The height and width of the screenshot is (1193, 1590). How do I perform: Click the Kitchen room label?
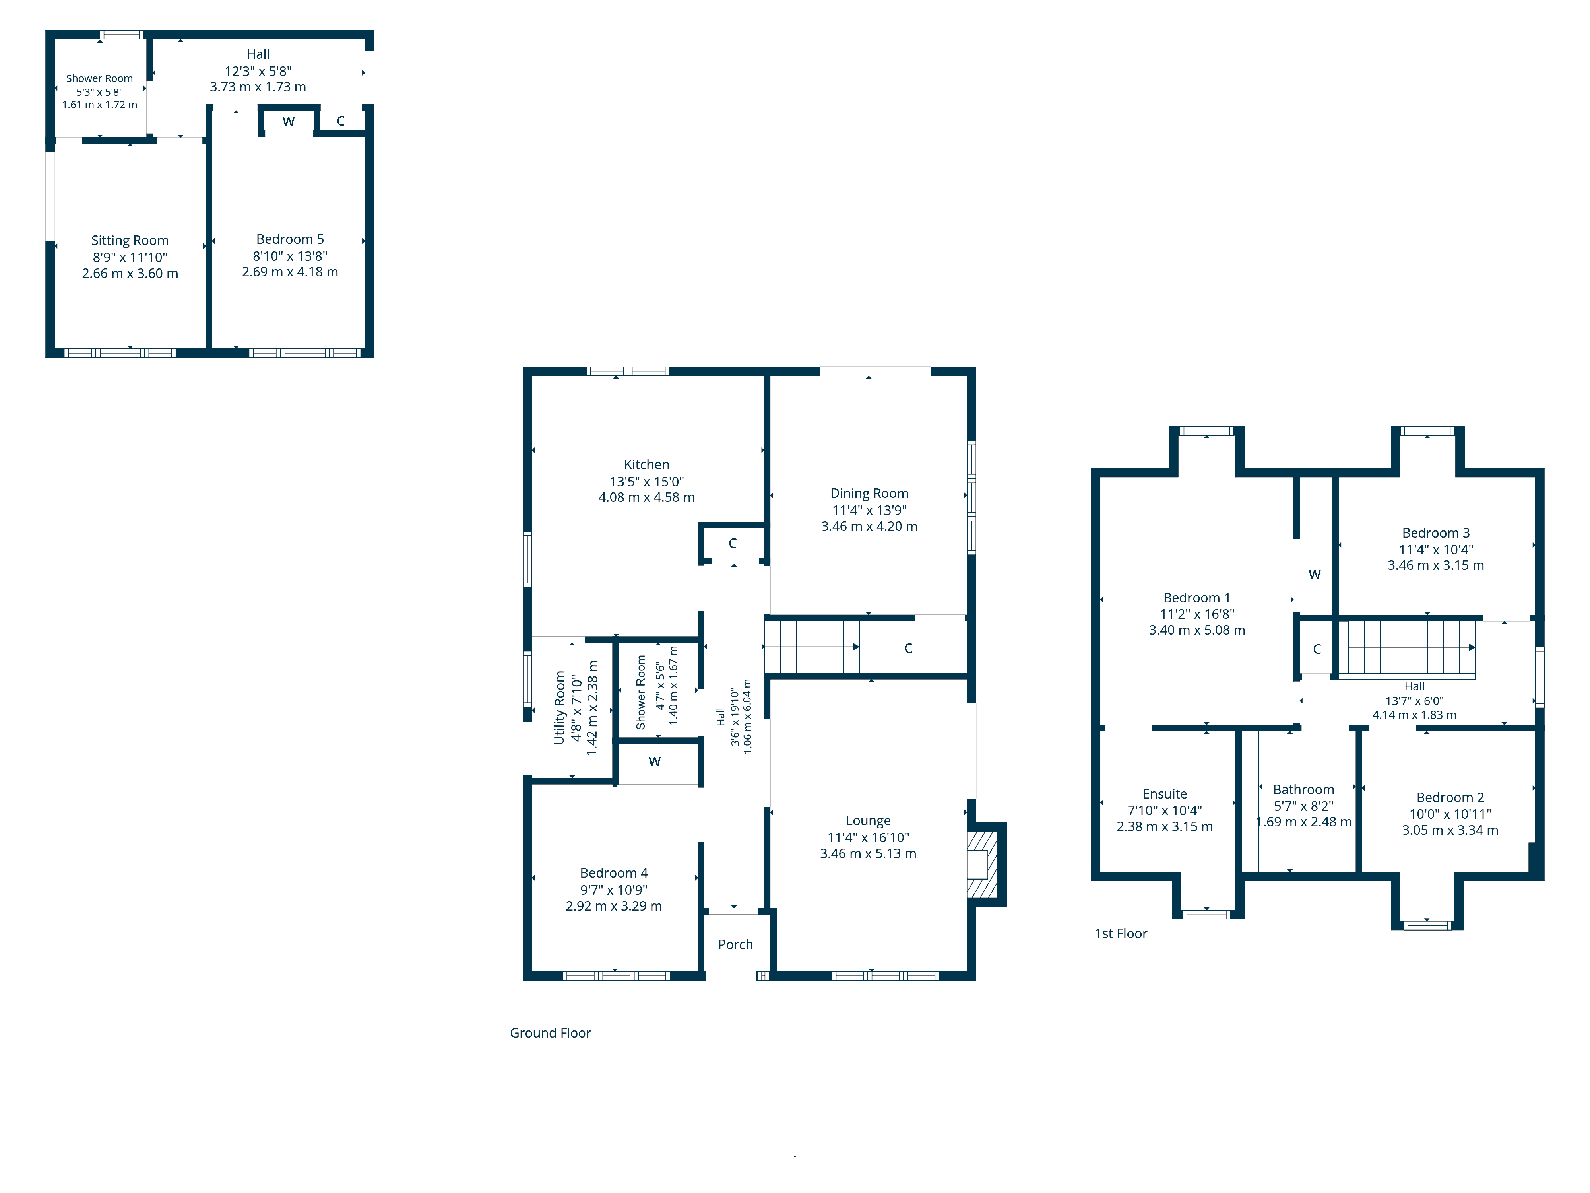click(646, 464)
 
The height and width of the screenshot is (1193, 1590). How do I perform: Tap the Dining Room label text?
click(869, 494)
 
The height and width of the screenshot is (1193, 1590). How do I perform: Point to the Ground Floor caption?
click(550, 1033)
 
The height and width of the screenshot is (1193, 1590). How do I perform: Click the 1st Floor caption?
click(1121, 933)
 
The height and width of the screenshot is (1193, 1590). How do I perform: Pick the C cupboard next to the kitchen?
click(733, 543)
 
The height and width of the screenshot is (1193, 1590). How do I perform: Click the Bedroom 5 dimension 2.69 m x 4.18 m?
click(290, 272)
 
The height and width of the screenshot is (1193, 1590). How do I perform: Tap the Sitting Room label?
click(130, 240)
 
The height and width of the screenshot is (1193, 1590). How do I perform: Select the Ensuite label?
click(1164, 794)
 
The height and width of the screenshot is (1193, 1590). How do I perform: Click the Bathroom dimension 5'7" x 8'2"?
click(1303, 806)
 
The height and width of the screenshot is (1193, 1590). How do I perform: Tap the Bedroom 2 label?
click(1450, 797)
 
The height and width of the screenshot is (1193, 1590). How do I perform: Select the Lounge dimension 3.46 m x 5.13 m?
click(868, 853)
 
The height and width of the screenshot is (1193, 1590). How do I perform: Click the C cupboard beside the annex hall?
click(341, 121)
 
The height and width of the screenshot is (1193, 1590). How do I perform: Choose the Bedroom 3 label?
click(1435, 533)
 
